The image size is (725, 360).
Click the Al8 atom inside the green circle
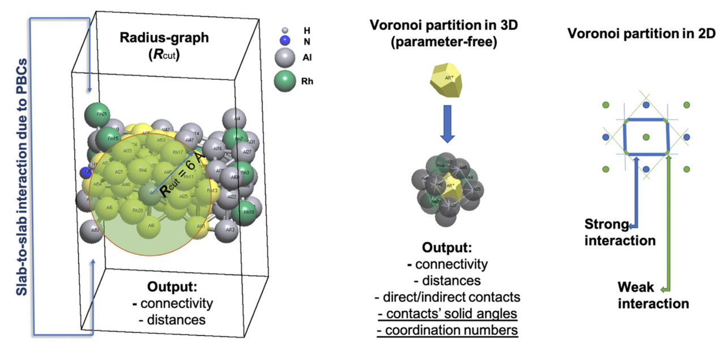[150, 226]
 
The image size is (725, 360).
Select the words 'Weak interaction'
[652, 295]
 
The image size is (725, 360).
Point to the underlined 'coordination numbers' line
[447, 329]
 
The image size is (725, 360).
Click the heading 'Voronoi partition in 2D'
[641, 33]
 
